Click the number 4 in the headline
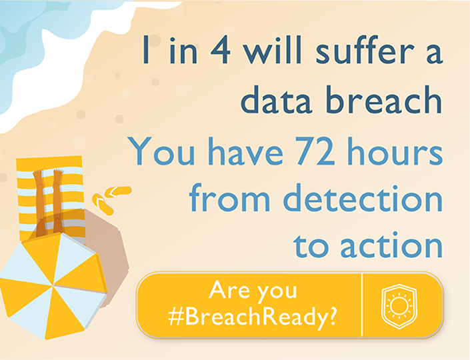point(221,50)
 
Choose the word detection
point(363,197)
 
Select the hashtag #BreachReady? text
point(253,317)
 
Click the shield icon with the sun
point(399,306)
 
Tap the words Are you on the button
point(253,291)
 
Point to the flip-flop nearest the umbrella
point(103,204)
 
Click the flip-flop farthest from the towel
point(118,191)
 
